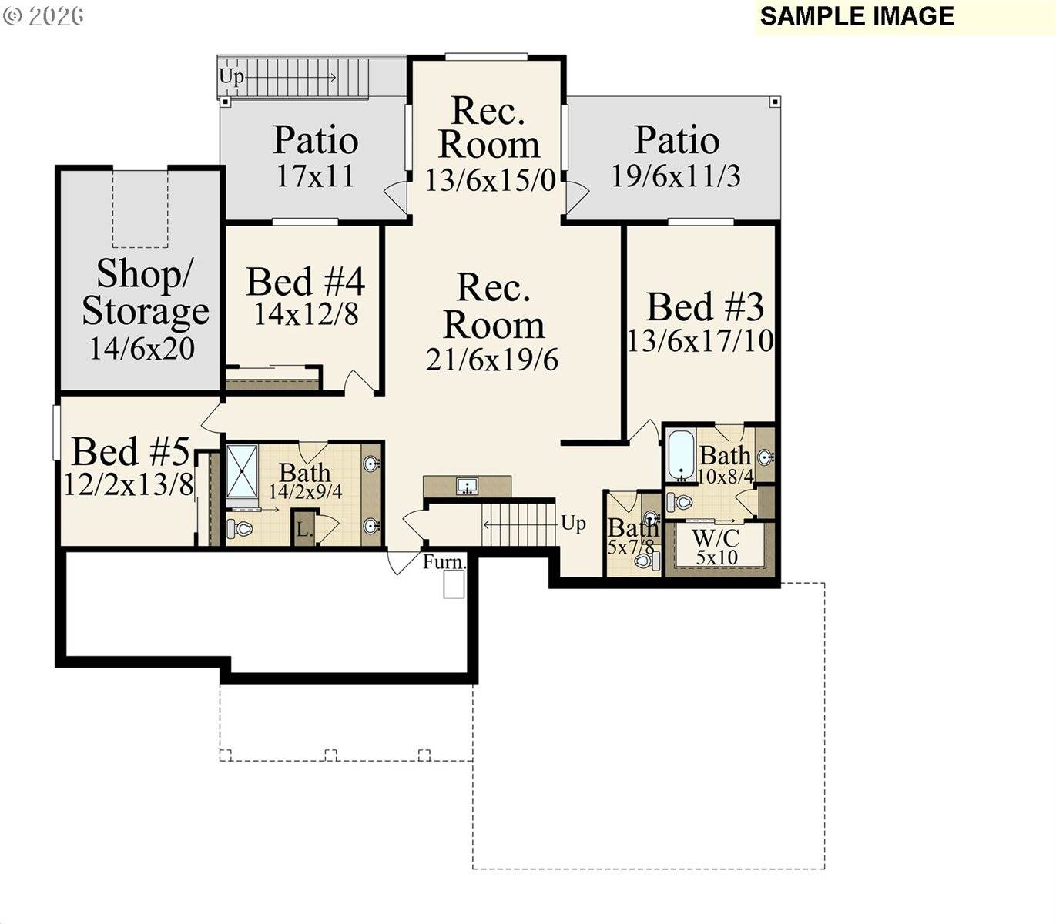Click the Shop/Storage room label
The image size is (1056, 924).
(145, 293)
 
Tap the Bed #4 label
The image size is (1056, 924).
(305, 282)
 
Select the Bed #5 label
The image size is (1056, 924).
(130, 452)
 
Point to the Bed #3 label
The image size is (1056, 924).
(704, 307)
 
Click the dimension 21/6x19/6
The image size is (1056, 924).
(492, 360)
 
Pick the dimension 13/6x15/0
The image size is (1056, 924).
(490, 180)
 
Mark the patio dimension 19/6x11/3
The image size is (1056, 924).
(676, 176)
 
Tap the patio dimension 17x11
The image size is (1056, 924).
(316, 176)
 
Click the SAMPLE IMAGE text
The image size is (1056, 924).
(857, 16)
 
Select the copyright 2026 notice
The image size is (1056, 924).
(44, 16)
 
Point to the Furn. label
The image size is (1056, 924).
(444, 562)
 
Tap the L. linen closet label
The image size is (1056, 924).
(304, 531)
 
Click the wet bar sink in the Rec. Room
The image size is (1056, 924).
(467, 486)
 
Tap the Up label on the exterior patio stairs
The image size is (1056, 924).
(231, 76)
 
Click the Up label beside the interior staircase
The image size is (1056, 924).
(573, 524)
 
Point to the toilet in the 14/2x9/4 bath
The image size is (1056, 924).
(241, 528)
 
